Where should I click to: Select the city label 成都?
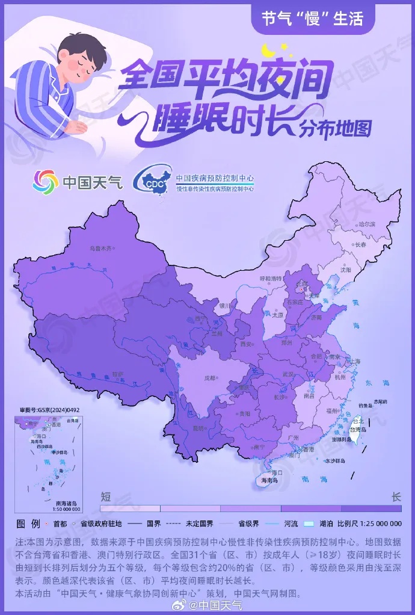(x=209, y=378)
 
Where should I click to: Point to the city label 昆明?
(x=197, y=428)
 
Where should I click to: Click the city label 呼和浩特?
(x=270, y=279)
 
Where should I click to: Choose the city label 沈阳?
(x=345, y=270)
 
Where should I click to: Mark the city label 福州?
(x=331, y=410)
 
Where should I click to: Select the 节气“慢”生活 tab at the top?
(x=312, y=19)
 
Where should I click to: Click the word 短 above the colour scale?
(x=106, y=497)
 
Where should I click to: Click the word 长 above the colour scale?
(x=396, y=497)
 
